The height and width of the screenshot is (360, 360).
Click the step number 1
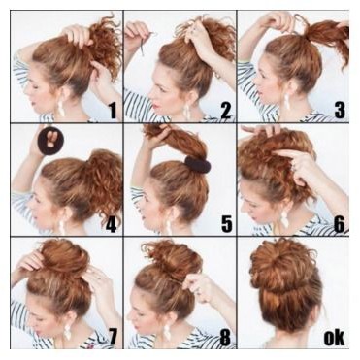tap(113, 110)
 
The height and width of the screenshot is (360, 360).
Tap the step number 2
tap(226, 110)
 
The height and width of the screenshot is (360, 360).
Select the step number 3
tap(340, 110)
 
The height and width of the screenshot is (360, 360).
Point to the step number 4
tap(111, 224)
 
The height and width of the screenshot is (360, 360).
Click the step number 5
tap(226, 224)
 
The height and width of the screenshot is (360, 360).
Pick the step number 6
tap(340, 224)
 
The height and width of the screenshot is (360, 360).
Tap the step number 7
tap(112, 337)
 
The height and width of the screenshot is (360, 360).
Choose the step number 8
tap(225, 337)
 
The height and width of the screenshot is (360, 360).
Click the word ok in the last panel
tap(335, 338)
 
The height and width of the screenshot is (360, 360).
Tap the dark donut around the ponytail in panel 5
tap(198, 165)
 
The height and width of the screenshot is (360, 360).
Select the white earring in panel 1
tap(60, 108)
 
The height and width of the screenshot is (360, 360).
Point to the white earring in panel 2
tap(186, 110)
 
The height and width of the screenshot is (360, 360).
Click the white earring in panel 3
tap(286, 101)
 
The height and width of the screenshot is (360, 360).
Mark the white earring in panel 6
tap(284, 218)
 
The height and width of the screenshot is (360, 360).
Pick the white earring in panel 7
tap(67, 331)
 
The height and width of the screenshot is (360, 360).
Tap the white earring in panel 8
tap(166, 332)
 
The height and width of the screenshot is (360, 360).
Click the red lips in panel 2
tap(156, 106)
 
